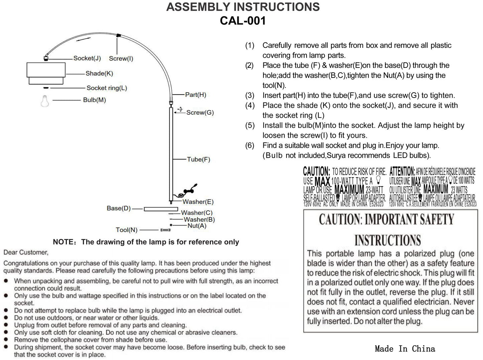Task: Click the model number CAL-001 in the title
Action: tap(243, 21)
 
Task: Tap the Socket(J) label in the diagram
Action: tap(87, 58)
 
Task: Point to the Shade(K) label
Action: tap(99, 73)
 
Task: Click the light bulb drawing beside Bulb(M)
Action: tap(44, 101)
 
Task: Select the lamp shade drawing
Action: tap(46, 74)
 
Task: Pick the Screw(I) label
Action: tap(121, 58)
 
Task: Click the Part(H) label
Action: tap(196, 95)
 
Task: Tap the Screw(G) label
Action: tap(200, 113)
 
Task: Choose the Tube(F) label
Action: tap(199, 159)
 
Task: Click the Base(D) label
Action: tap(119, 208)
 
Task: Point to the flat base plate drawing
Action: tap(161, 209)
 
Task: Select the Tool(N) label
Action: tap(126, 230)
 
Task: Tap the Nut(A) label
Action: tap(197, 226)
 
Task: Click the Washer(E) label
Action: tap(198, 202)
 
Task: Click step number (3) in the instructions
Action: tap(250, 95)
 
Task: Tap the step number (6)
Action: tap(250, 145)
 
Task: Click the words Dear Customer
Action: tap(26, 252)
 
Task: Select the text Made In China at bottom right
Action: tap(405, 349)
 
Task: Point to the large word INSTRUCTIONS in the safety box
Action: tap(387, 240)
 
